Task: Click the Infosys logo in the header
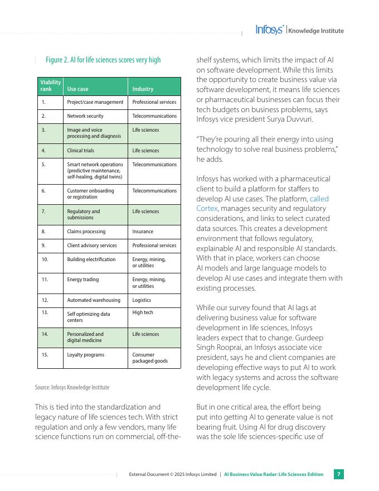[x=270, y=30]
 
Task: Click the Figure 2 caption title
[x=103, y=60]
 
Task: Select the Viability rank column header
[x=50, y=85]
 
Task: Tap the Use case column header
[x=77, y=89]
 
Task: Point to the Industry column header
[x=143, y=89]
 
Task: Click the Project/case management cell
[x=95, y=102]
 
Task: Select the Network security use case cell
[x=85, y=116]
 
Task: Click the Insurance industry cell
[x=143, y=232]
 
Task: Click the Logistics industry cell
[x=142, y=300]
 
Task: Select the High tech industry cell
[x=143, y=312]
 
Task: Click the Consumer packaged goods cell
[x=150, y=358]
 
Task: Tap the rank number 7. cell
[x=43, y=211]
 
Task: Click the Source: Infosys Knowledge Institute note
[x=72, y=387]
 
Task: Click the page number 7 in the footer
[x=338, y=474]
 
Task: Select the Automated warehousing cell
[x=94, y=300]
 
